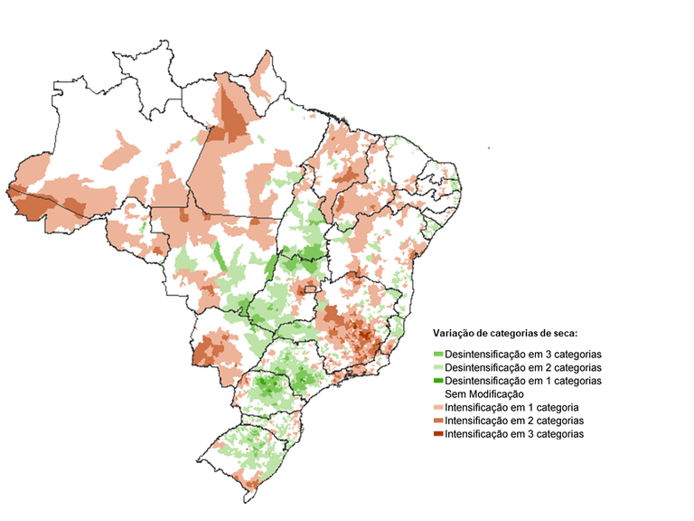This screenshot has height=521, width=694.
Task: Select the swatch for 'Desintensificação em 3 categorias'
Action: click(x=438, y=355)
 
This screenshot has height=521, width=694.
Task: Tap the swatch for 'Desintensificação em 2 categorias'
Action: click(x=438, y=368)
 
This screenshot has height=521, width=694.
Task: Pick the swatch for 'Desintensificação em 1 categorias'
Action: click(x=438, y=382)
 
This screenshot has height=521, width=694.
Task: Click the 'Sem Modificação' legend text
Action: click(x=484, y=394)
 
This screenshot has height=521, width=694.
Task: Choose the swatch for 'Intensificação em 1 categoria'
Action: click(x=438, y=408)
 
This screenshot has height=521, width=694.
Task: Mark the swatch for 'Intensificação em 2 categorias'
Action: click(x=438, y=422)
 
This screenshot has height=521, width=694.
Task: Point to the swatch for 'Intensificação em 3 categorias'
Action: click(x=438, y=435)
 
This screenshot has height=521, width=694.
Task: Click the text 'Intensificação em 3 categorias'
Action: click(x=515, y=435)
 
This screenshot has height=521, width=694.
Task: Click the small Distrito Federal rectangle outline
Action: click(x=312, y=290)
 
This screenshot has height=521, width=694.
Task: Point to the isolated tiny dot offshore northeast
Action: click(x=487, y=147)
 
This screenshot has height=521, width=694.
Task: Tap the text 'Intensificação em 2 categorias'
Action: click(x=515, y=422)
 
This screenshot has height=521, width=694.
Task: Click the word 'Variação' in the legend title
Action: click(x=455, y=333)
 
